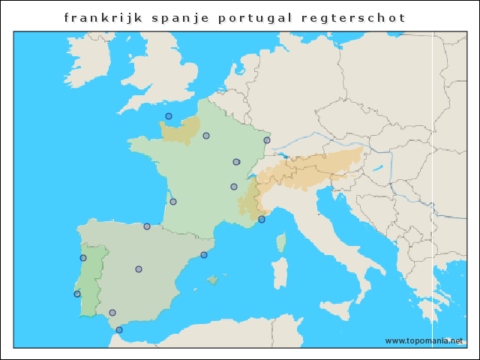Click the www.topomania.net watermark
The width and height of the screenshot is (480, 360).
pos(424,340)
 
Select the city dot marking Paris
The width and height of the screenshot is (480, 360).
pos(206,136)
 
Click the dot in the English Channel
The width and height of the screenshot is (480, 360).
pos(169,116)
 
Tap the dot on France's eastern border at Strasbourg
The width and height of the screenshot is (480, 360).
pos(267,140)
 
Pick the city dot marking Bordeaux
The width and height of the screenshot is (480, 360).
pos(173,202)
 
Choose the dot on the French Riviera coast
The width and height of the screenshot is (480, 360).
pos(262,220)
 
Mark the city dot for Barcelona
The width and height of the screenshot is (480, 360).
pos(204,255)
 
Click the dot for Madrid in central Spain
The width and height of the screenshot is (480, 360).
pos(139,269)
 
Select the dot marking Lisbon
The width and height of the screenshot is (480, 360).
pos(77,294)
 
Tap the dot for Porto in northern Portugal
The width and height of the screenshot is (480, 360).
pos(83,258)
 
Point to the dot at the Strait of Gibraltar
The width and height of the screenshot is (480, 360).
pos(119,330)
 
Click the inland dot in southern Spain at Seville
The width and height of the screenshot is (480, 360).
pos(112,313)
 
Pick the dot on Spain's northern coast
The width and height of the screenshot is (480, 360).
pos(147,226)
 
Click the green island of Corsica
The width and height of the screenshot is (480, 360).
pos(282,242)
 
